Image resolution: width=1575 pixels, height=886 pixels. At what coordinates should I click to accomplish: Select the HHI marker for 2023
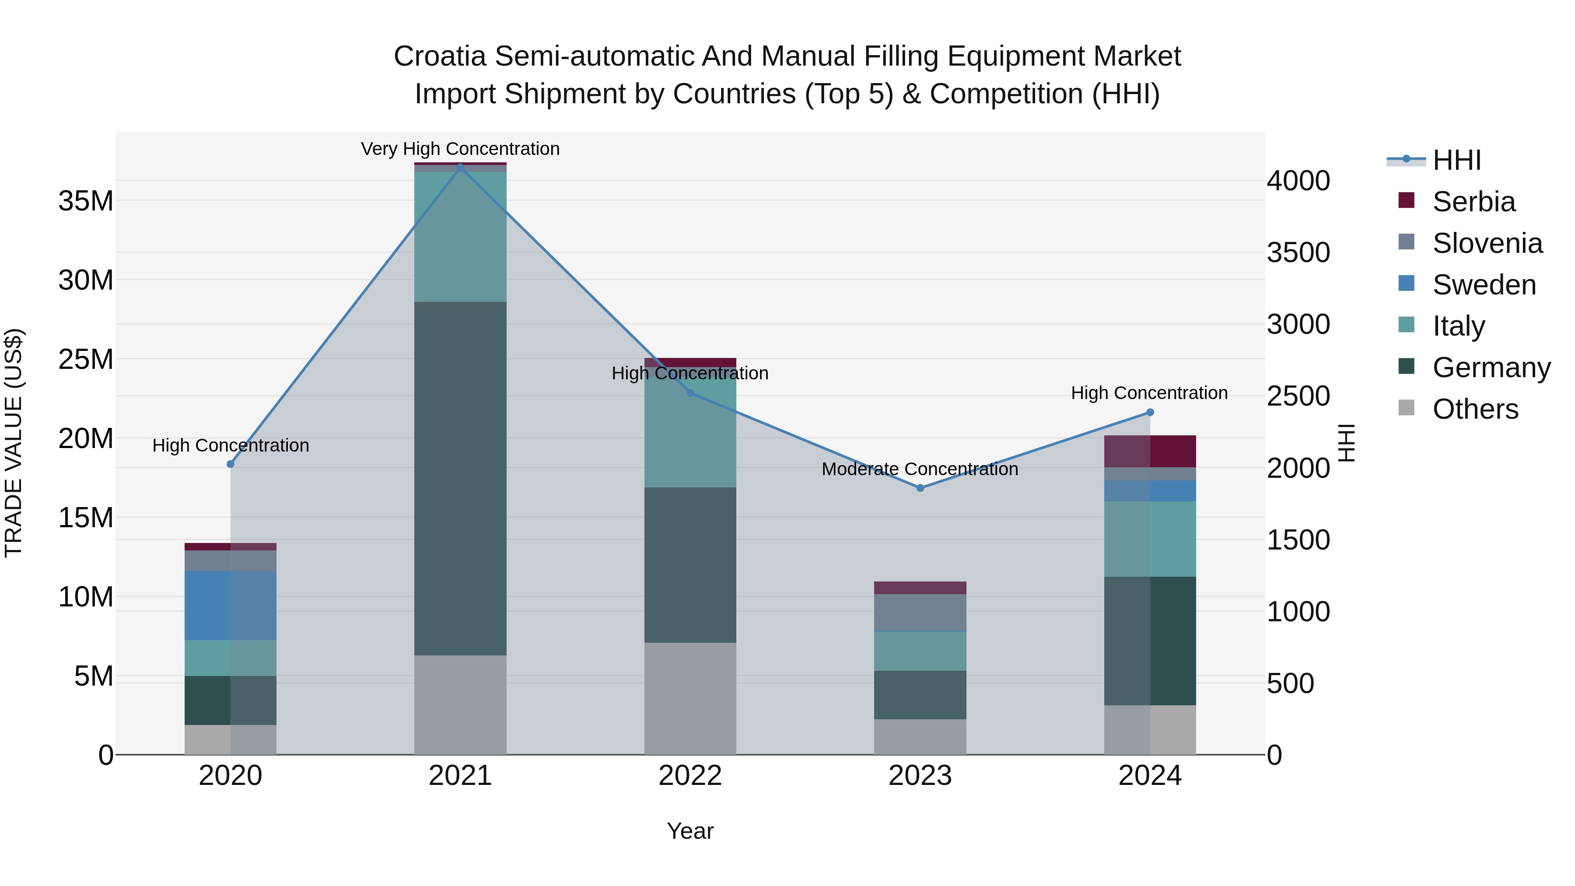coord(920,488)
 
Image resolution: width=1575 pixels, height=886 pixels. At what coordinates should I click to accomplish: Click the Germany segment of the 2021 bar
coord(460,478)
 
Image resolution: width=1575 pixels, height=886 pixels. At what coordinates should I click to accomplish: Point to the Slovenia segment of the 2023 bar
coord(920,612)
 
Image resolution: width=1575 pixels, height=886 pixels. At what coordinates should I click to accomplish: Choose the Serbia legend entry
coord(1473,202)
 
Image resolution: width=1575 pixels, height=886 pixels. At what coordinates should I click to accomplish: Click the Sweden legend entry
coord(1484,285)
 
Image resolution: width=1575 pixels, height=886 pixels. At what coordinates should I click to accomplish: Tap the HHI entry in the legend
coord(1456,160)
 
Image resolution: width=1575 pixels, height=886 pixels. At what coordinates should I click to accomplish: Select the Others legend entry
coord(1475,409)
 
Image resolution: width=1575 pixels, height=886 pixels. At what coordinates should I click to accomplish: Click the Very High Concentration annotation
coord(460,149)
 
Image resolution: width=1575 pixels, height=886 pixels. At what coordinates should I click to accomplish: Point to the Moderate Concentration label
coord(920,469)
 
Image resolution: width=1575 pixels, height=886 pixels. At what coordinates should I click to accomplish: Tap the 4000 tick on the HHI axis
coord(1298,181)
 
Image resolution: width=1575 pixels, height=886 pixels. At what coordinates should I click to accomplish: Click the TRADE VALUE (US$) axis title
coord(14,443)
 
